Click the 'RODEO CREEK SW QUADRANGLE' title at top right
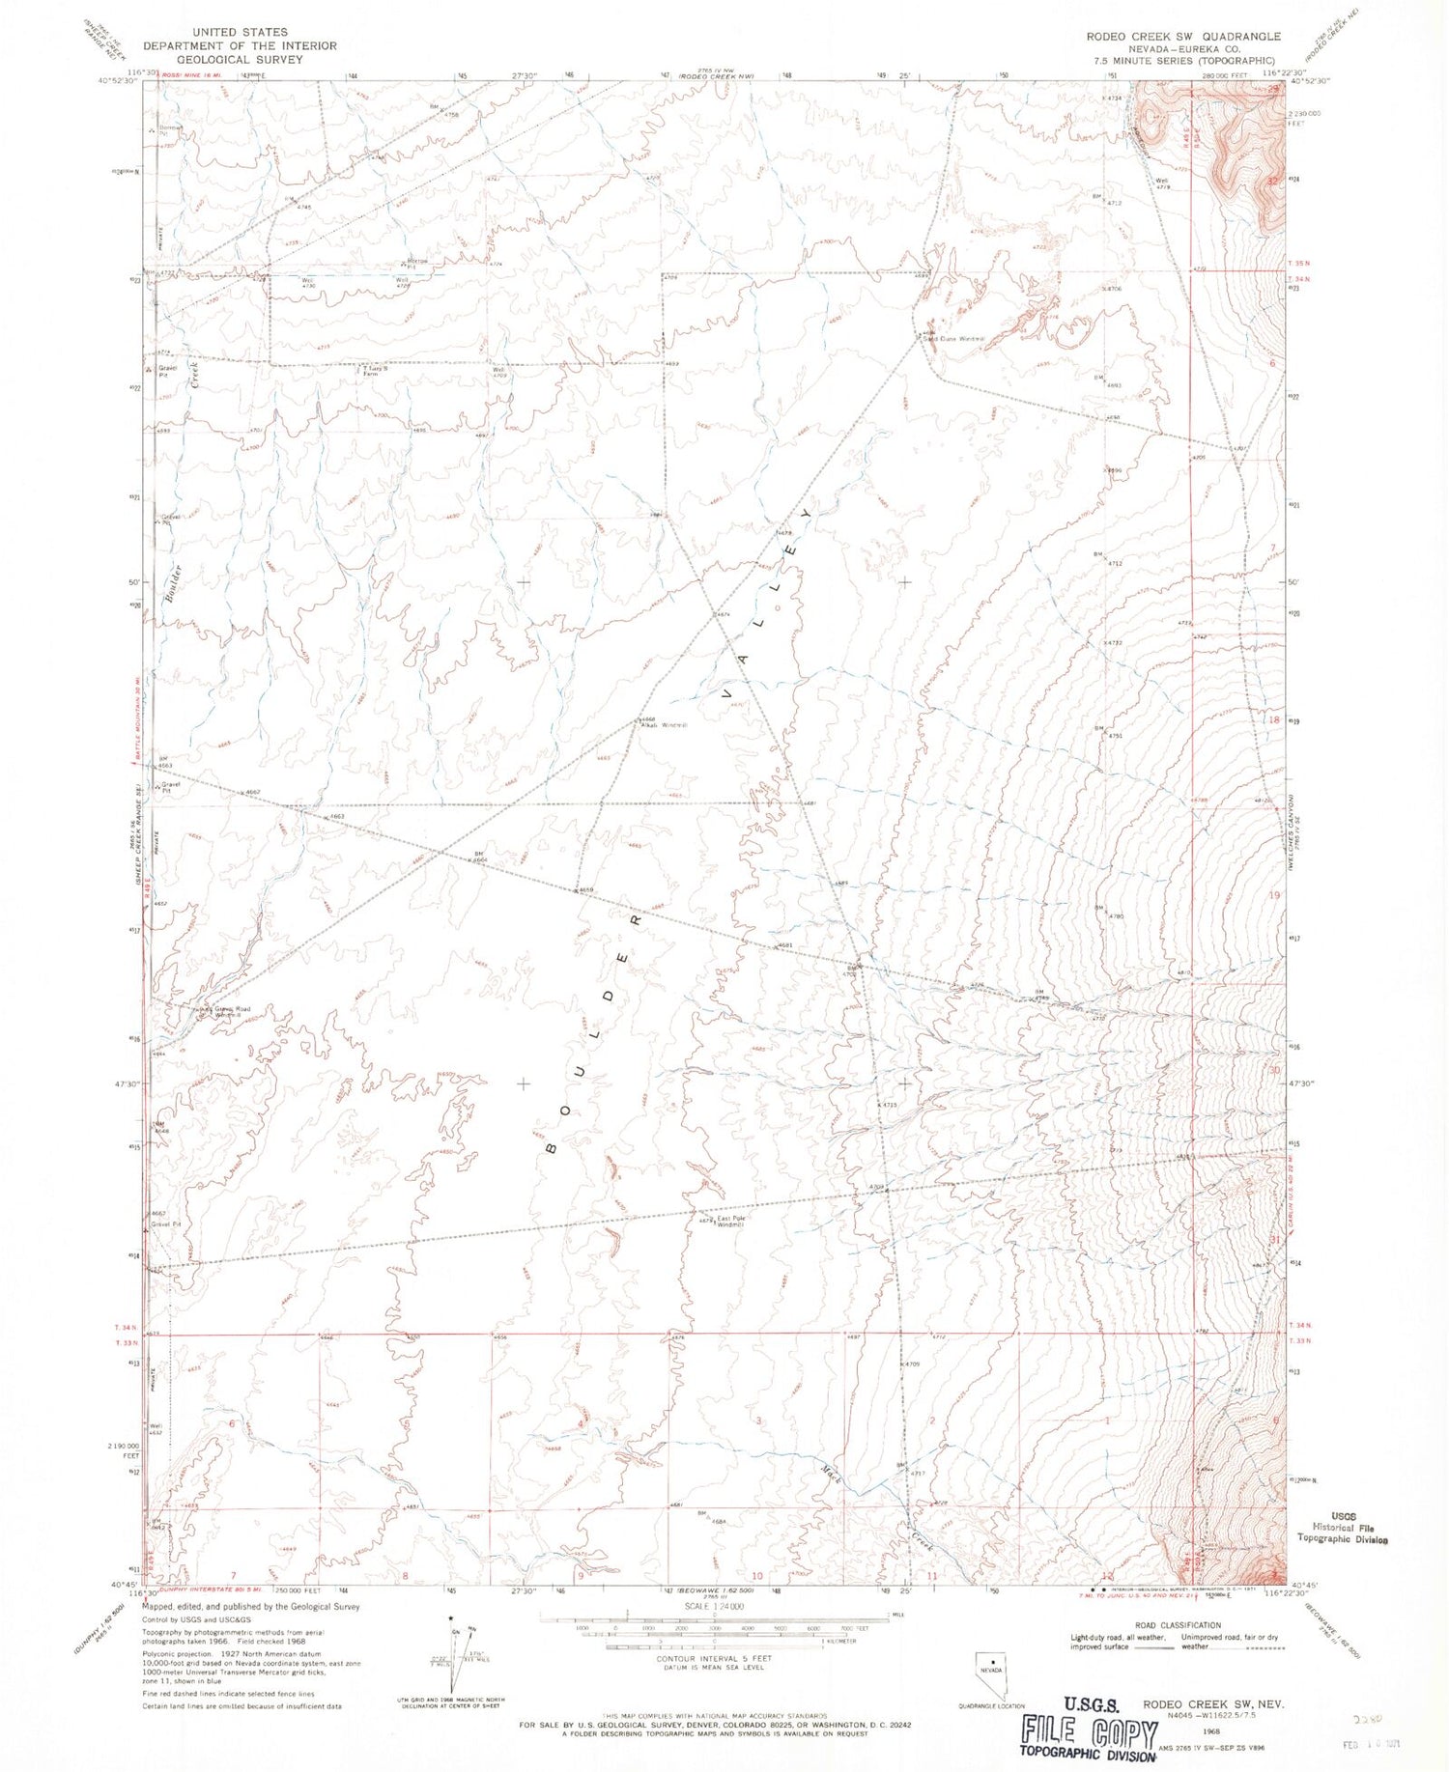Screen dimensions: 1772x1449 (x=1183, y=37)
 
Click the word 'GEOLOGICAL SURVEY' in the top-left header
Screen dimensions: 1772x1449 (x=241, y=59)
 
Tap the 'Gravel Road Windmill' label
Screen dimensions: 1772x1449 (x=230, y=1012)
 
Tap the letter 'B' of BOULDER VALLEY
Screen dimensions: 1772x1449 (x=552, y=1148)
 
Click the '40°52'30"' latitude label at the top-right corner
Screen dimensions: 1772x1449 (x=1308, y=83)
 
